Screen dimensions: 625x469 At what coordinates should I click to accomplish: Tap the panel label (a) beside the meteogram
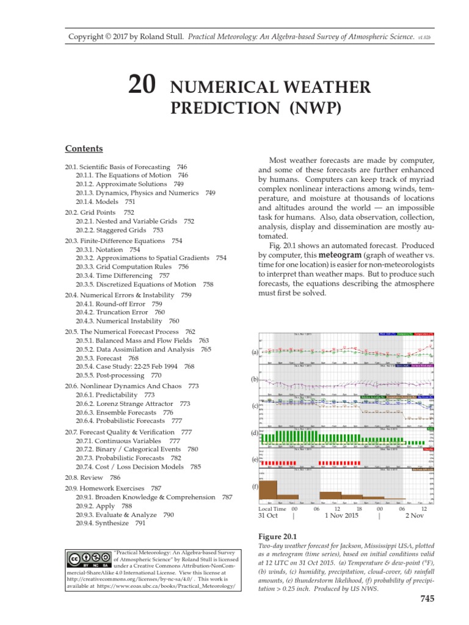(x=255, y=352)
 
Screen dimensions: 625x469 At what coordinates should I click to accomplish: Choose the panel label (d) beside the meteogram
(x=255, y=433)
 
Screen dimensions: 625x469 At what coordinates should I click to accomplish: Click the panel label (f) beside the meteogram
(x=255, y=487)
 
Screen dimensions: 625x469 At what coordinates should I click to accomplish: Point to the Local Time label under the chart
(x=272, y=508)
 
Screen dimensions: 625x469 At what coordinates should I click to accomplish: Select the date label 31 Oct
(x=268, y=516)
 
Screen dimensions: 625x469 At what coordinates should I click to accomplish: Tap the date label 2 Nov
(x=415, y=516)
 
